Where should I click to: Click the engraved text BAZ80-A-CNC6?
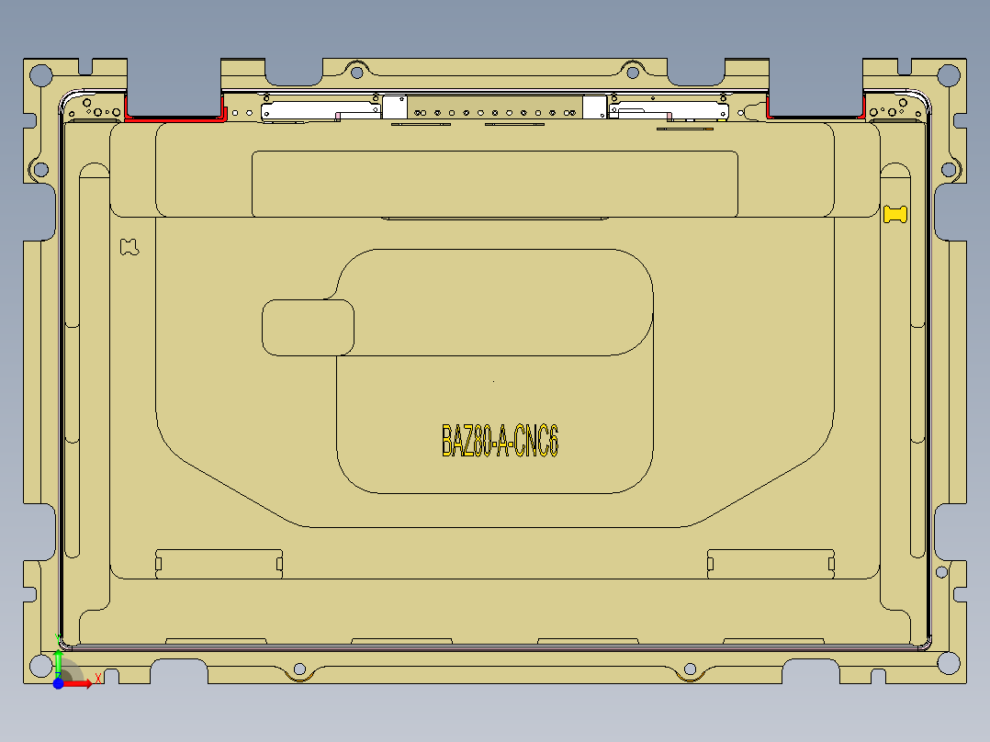500,441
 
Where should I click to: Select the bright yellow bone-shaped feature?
895,214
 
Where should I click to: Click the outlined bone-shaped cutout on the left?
129,246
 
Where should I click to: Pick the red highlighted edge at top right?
814,117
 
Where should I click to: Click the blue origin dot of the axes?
58,684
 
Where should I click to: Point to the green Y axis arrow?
58,661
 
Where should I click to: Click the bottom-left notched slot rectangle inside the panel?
219,563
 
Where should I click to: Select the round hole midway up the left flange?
39,169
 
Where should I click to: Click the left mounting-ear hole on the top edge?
357,69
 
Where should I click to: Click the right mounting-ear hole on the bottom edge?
689,669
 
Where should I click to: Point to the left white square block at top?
395,107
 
